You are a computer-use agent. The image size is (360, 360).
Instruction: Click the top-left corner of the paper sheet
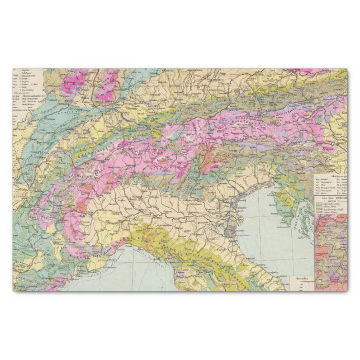pos(13,69)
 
